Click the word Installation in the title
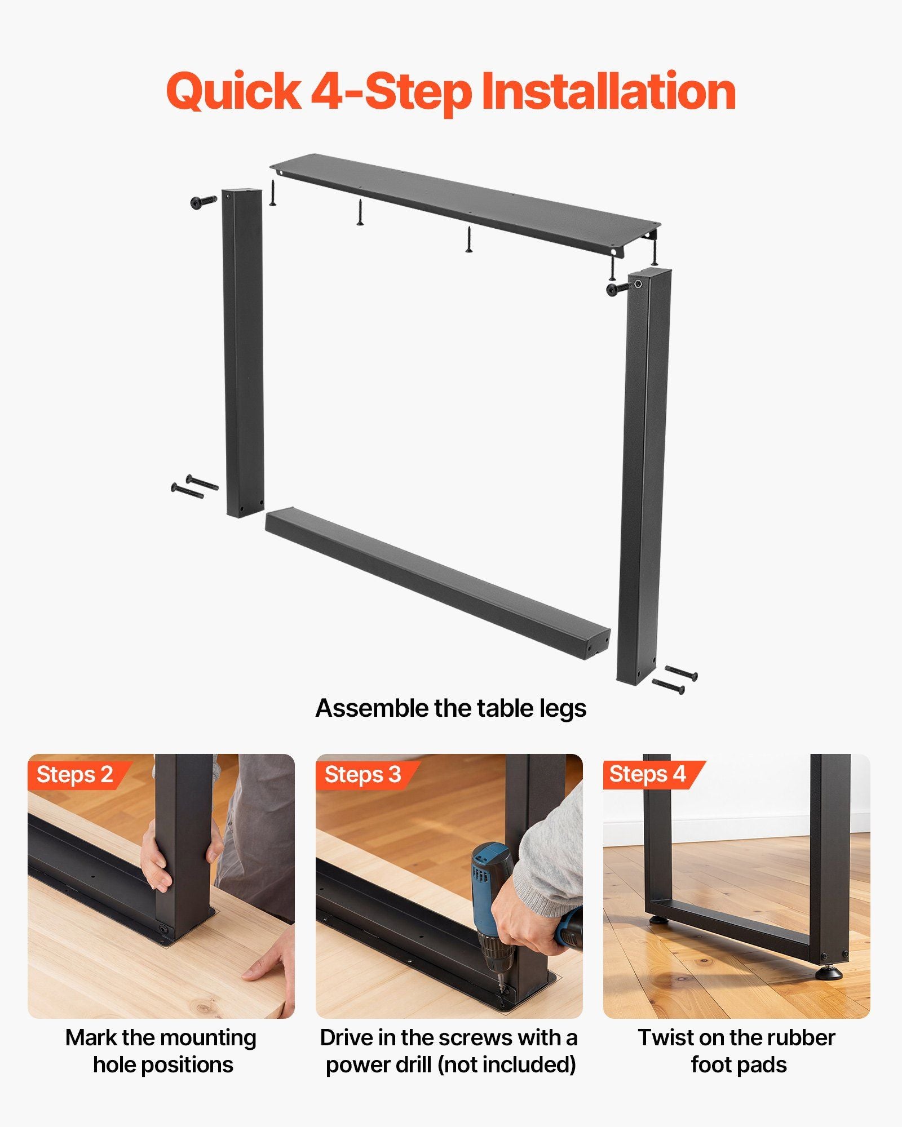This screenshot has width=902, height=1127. point(609,91)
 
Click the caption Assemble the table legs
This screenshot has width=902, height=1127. point(451,708)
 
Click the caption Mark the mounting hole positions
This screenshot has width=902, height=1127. point(162,1051)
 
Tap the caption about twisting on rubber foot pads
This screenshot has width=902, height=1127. point(737,1051)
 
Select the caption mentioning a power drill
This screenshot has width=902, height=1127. point(450,1051)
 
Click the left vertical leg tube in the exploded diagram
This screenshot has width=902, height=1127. point(244,352)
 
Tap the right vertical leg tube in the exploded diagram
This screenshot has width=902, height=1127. point(644,476)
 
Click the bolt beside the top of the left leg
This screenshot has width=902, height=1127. point(204,202)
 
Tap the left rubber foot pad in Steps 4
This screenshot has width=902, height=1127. point(656,921)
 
